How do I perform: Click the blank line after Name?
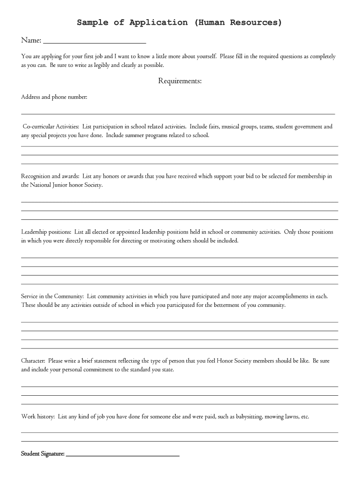click(94, 43)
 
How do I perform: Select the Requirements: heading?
click(180, 81)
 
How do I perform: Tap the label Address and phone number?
click(54, 97)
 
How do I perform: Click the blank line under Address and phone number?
click(178, 114)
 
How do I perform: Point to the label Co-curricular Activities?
click(51, 127)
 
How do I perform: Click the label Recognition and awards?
click(50, 176)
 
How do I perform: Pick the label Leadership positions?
click(46, 232)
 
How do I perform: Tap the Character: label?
click(33, 361)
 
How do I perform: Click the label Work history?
click(38, 416)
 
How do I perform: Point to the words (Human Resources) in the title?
click(238, 22)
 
